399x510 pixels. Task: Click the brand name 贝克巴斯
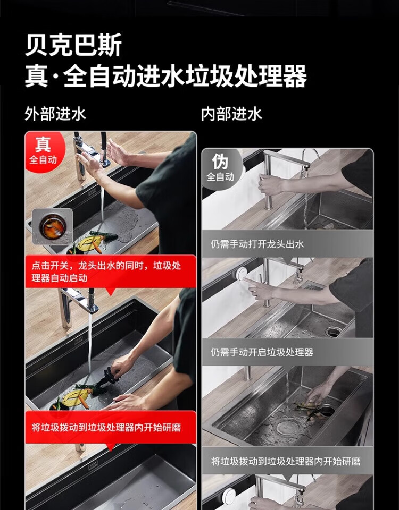click(73, 45)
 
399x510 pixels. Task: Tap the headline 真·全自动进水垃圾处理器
click(166, 76)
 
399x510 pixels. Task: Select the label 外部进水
click(55, 114)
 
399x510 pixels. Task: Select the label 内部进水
click(231, 114)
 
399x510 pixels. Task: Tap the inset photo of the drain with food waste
click(53, 226)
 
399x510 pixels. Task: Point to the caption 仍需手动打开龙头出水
click(257, 244)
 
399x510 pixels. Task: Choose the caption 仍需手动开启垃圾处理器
click(262, 352)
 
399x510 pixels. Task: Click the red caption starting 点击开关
click(106, 271)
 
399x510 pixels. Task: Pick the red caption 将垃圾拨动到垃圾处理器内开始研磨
click(106, 427)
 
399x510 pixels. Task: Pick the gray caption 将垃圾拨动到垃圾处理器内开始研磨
click(286, 461)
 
